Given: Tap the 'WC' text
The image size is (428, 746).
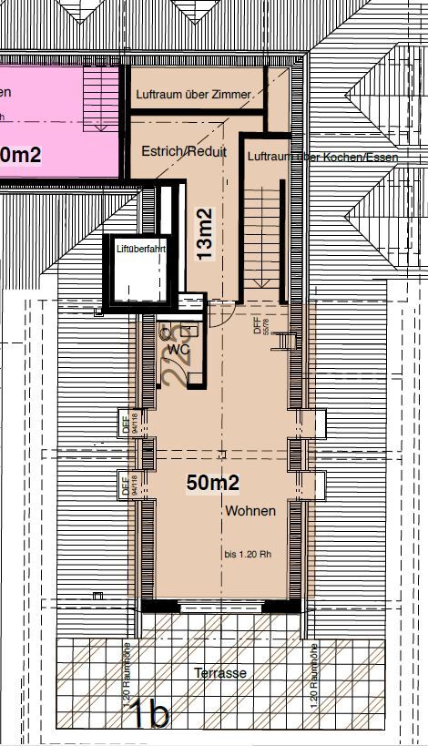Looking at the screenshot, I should pos(179,348).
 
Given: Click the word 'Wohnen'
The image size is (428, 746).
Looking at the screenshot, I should pos(250,512).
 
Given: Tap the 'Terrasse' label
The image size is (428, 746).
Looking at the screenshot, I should pos(219,672).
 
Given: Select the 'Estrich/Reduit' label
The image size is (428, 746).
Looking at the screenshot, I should pos(184,152).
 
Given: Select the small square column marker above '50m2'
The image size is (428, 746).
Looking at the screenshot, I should pos(220,453).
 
